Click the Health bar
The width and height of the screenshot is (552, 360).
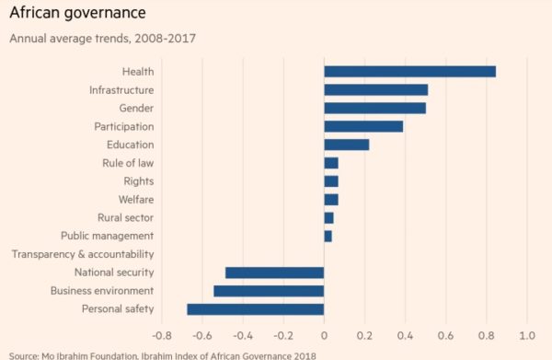[409, 72]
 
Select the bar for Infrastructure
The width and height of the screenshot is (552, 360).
[376, 90]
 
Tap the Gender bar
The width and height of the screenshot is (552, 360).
[375, 108]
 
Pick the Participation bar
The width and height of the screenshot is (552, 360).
[363, 126]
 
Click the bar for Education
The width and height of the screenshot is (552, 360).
[347, 145]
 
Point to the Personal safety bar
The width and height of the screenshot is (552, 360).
[256, 309]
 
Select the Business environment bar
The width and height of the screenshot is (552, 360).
[269, 291]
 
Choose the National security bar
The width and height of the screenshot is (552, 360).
[274, 273]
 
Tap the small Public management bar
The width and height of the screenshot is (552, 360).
[328, 236]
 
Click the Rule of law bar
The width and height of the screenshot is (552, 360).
[331, 163]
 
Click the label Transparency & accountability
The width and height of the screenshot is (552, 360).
[83, 254]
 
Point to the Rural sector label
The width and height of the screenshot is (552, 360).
[125, 217]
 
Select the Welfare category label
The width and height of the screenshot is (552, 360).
[136, 200]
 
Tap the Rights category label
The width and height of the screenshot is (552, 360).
[139, 181]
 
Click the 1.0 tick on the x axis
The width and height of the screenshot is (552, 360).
[527, 335]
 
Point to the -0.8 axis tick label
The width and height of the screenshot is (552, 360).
[162, 335]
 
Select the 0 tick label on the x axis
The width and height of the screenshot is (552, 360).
[324, 335]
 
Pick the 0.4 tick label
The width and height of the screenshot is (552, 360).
[405, 335]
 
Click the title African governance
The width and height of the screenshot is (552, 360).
[78, 13]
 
